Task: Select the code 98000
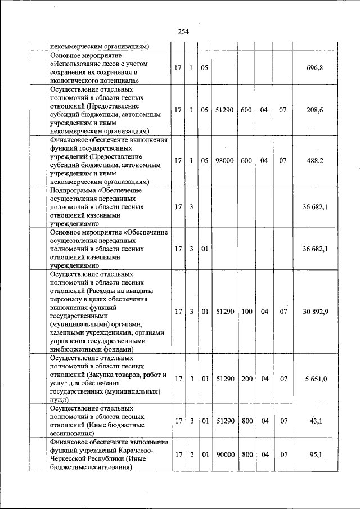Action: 224,160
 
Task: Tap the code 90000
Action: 224,454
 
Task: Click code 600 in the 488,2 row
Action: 246,160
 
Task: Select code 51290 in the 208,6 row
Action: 224,110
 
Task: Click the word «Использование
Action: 77,64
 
